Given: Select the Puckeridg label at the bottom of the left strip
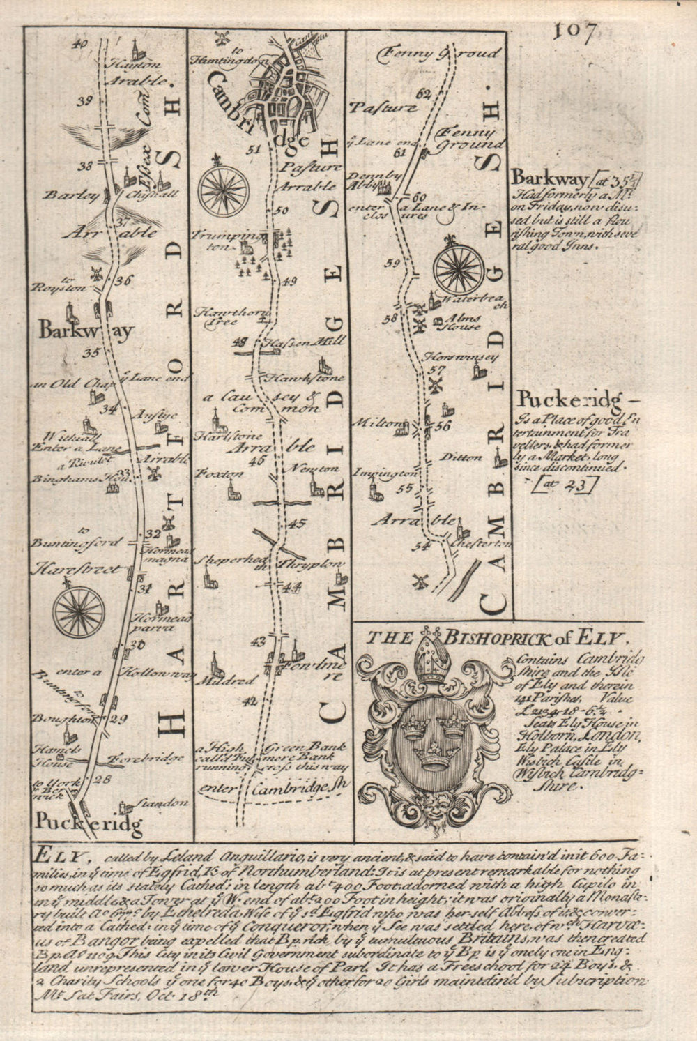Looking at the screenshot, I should (x=88, y=825).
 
